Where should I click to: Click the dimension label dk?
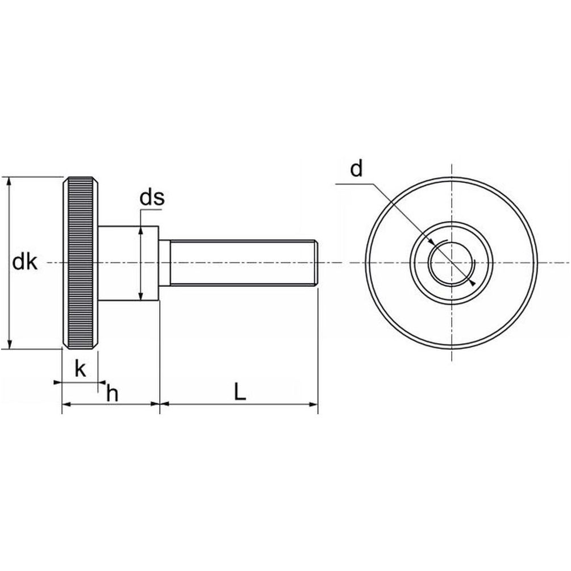[25, 262]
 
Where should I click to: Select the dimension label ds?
[152, 197]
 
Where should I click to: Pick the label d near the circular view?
[356, 169]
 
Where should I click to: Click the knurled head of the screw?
[80, 263]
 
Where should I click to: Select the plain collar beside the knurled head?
[128, 263]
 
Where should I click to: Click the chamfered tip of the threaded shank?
[317, 263]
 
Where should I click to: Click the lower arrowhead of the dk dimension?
[10, 344]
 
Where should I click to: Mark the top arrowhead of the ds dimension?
[141, 231]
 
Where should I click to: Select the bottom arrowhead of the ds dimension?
[141, 296]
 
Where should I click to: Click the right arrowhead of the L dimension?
[314, 404]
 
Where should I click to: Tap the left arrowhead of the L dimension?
[165, 404]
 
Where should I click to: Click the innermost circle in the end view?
[452, 262]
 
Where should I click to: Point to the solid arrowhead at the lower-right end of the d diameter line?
[472, 282]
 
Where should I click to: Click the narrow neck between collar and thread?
[165, 263]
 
